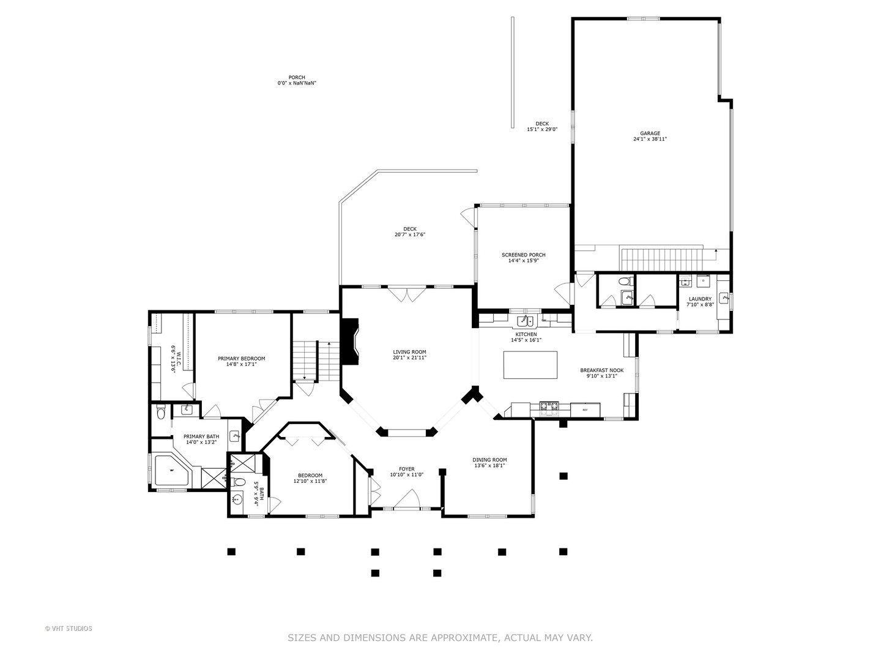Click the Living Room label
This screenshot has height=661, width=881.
point(409,352)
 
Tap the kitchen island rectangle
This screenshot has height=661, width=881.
point(530,364)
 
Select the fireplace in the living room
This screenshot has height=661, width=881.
point(349,342)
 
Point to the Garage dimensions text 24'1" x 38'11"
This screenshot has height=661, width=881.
point(650,140)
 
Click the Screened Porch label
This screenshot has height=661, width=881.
point(523,255)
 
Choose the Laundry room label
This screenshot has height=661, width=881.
point(700,299)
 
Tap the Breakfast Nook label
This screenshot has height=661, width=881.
point(601,370)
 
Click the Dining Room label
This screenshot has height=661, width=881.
point(489,460)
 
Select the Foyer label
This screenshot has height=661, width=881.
point(407,469)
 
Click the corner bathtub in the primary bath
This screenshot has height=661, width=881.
point(172,471)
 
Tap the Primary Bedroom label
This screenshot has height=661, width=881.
point(241,359)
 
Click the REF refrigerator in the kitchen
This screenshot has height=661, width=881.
point(585,410)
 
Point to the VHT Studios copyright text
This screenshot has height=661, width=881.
point(69,629)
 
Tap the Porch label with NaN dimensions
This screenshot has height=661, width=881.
point(297,80)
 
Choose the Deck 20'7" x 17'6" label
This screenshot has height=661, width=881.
point(409,231)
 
